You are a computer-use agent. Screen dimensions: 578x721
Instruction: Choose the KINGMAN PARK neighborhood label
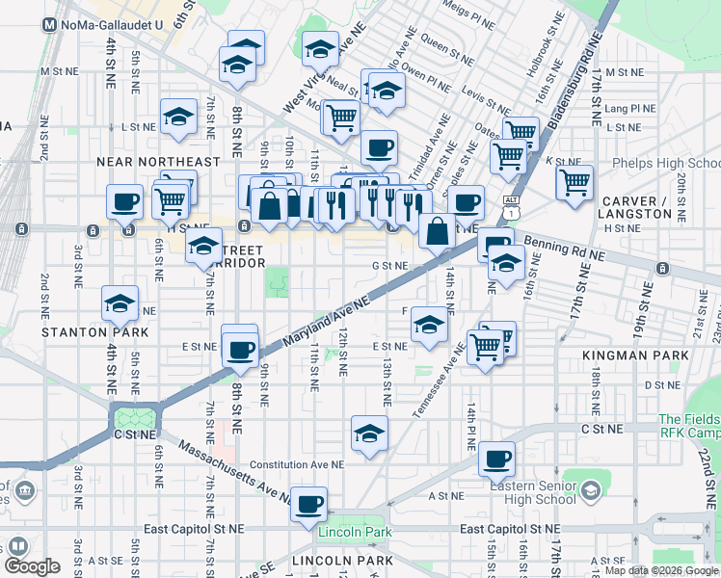(x=635, y=355)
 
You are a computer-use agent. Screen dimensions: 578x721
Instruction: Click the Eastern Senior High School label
(x=532, y=492)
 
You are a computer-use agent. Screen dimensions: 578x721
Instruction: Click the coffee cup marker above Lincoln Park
(x=309, y=503)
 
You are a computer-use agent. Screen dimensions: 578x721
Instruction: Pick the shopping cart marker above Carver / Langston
(x=574, y=181)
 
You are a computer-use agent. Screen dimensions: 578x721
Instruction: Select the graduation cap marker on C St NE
(x=369, y=433)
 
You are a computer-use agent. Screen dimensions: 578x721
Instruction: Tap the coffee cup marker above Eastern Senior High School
(x=497, y=459)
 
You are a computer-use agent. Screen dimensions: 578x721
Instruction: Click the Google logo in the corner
(x=32, y=566)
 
